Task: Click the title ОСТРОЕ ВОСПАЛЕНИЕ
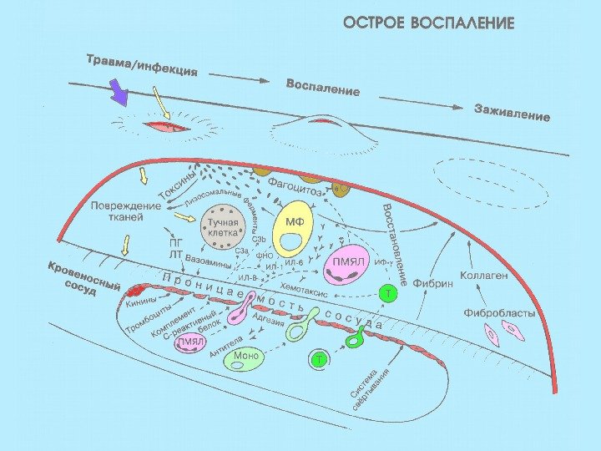[429, 23]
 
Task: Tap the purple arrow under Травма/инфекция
[120, 94]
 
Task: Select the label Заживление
[512, 112]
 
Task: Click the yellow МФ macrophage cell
[293, 231]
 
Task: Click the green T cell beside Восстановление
[388, 293]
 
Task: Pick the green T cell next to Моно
[319, 360]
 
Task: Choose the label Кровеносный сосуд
[83, 280]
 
